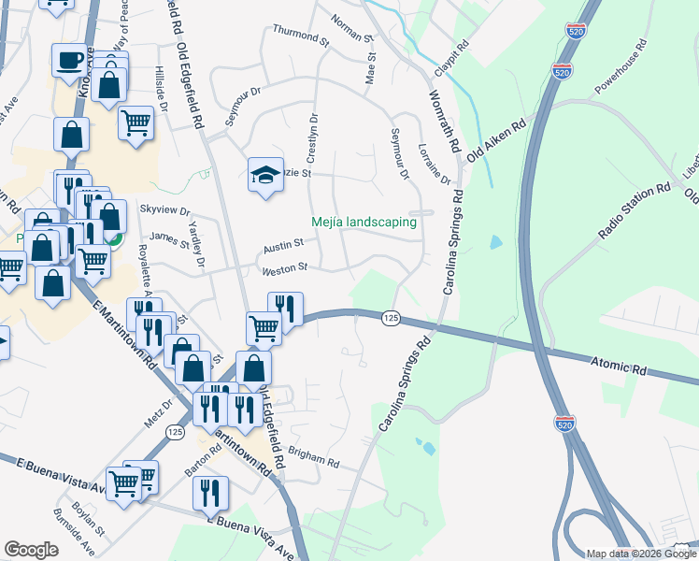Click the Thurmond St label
(301, 36)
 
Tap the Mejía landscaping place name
(364, 222)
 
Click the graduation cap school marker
(265, 174)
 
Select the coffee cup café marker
(69, 61)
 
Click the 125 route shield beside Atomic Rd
(392, 319)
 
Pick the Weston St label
(285, 268)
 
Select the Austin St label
(283, 246)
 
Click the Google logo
(31, 550)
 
